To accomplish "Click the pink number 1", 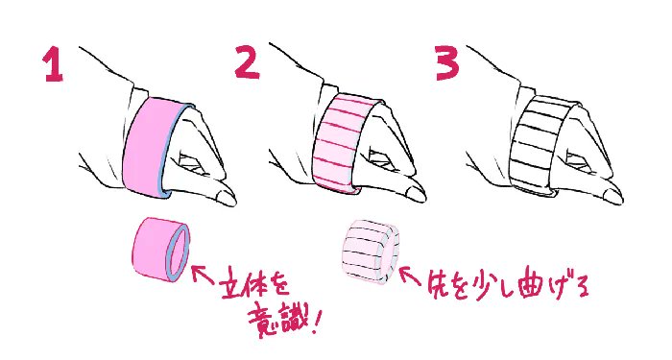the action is pos(53,64).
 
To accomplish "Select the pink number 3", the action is pos(447,63).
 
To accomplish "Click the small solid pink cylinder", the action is pos(160,250).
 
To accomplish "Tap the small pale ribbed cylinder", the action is pos(371,252).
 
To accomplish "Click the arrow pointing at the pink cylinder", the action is pos(204,275).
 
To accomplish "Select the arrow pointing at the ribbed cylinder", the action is pos(410,276).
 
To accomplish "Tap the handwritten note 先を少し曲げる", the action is pos(508,285).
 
